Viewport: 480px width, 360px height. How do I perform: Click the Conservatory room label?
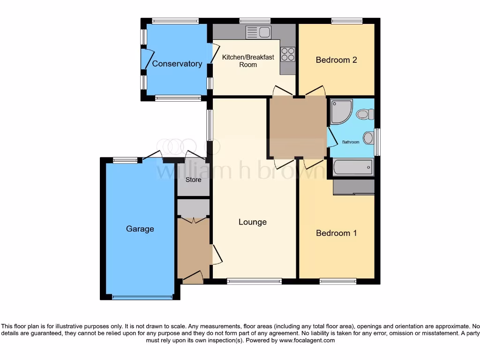click(x=177, y=64)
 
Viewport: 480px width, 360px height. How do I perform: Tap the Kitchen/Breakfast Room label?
click(x=248, y=61)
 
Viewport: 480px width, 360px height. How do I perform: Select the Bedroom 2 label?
click(x=336, y=60)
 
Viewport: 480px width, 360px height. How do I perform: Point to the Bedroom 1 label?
click(x=336, y=233)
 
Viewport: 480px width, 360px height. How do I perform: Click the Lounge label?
click(x=253, y=222)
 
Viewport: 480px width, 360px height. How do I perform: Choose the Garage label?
click(x=140, y=229)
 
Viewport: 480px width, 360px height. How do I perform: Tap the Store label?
click(x=193, y=180)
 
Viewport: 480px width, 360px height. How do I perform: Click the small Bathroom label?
click(x=350, y=142)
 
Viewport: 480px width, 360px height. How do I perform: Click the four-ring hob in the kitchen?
click(x=288, y=54)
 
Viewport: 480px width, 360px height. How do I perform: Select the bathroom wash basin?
click(x=369, y=138)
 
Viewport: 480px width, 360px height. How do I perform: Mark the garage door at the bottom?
click(x=142, y=297)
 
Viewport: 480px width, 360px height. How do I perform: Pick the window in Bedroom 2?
click(x=347, y=21)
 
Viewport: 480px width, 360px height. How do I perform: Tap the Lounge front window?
click(x=254, y=281)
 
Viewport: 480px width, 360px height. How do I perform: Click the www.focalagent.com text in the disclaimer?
click(x=307, y=340)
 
